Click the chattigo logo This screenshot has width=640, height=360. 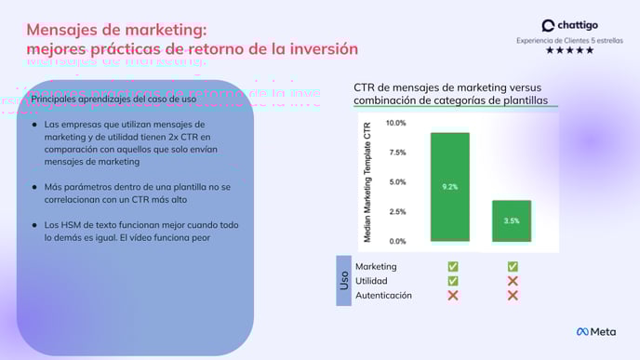(x=568, y=26)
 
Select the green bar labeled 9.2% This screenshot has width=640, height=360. (x=449, y=187)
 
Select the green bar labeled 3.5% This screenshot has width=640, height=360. (x=512, y=220)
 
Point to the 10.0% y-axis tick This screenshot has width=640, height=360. (x=396, y=123)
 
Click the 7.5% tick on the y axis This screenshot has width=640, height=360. (x=397, y=153)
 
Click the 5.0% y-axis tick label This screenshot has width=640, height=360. (x=397, y=182)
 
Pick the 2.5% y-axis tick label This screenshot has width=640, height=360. (x=397, y=212)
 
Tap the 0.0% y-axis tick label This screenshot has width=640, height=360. (x=397, y=241)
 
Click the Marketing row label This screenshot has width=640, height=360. (x=376, y=267)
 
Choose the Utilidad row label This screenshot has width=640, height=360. (x=372, y=281)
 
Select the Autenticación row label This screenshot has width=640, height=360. (x=384, y=295)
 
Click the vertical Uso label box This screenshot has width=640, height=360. (x=344, y=281)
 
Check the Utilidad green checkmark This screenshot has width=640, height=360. (x=453, y=281)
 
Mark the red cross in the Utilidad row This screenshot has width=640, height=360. (x=513, y=281)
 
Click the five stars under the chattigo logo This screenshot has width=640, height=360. (x=568, y=51)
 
